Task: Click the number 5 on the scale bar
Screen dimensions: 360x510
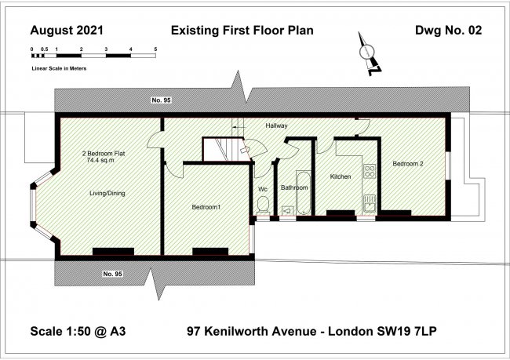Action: coord(155,49)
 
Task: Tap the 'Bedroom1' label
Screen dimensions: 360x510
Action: coord(206,207)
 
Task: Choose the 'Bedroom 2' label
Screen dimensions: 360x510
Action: coord(408,164)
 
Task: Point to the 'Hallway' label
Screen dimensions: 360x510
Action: coord(276,125)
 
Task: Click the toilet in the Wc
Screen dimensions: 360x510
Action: coord(264,205)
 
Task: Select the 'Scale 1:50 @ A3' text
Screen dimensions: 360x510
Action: coord(78,332)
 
